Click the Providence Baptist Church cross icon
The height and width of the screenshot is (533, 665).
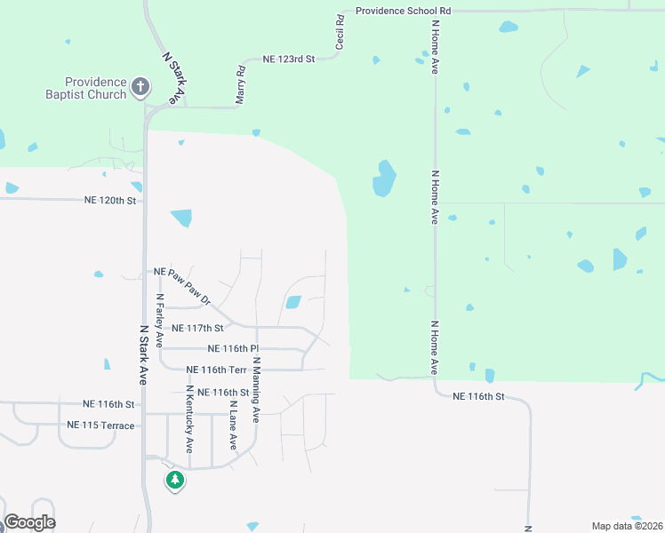point(140,87)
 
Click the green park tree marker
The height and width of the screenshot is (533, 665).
point(175,481)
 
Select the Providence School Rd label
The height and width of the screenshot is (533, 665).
point(404,11)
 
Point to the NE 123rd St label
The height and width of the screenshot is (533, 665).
point(289,59)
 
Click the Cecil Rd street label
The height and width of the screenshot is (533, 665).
point(340,32)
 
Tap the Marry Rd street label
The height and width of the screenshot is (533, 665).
point(240,85)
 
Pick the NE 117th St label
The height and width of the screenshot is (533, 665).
point(198,328)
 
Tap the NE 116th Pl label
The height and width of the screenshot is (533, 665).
point(232,349)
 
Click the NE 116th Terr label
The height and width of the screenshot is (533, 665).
point(216,370)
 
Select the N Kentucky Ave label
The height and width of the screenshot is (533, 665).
point(189,420)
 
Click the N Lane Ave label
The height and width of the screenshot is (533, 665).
point(233,425)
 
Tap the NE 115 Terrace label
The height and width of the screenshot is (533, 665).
point(100,426)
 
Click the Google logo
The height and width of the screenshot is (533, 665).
point(29,522)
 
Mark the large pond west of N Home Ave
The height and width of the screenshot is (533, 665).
point(384,179)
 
